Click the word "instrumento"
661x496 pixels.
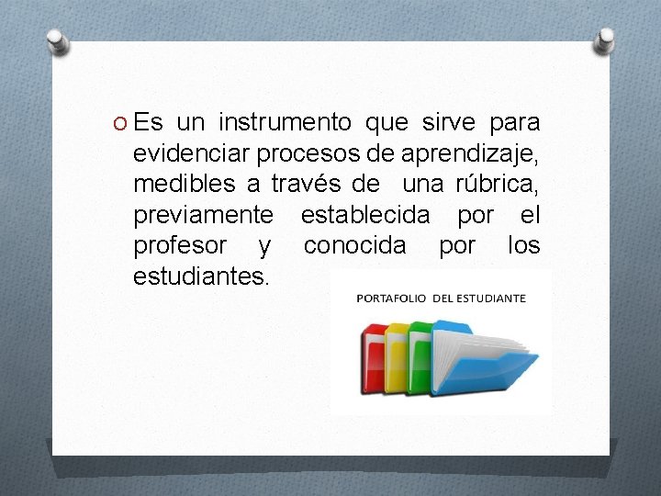(285, 122)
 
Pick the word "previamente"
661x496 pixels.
(203, 215)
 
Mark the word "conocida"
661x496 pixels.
(353, 245)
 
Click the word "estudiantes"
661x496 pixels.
(201, 276)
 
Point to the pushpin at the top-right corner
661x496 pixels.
(605, 39)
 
